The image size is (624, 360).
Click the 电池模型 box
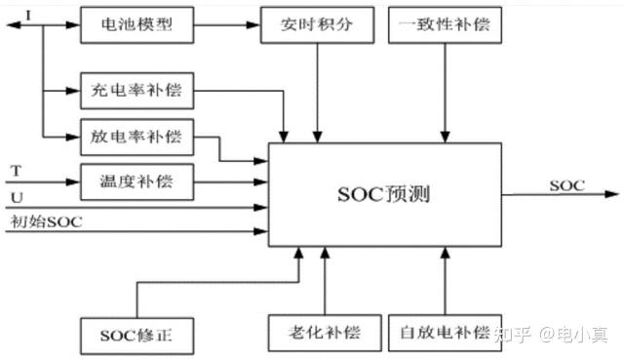pos(136,23)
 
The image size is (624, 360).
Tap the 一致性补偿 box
pos(445,23)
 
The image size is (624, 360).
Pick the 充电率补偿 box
pos(136,93)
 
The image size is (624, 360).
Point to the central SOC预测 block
pos(385,193)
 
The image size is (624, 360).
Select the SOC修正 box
pos(136,336)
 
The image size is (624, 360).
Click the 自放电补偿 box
pos(445,333)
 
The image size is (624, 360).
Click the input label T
pos(16,171)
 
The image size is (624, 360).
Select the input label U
pos(16,197)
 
